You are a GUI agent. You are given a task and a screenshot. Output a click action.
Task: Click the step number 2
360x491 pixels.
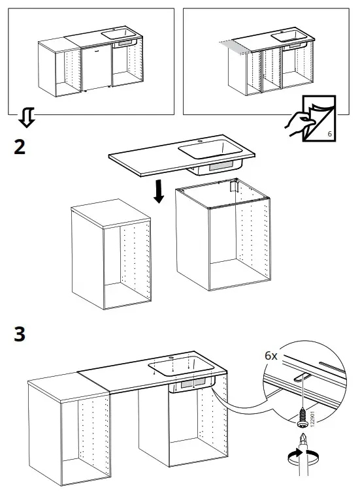click(x=20, y=146)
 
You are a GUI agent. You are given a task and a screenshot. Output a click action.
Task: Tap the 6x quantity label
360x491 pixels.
click(x=272, y=356)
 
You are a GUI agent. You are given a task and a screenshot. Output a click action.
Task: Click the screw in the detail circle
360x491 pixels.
click(x=303, y=413)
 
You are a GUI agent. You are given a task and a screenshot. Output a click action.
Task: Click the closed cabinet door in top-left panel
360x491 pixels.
click(x=95, y=67)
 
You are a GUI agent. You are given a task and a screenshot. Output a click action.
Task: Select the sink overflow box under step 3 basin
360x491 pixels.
click(x=193, y=386)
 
